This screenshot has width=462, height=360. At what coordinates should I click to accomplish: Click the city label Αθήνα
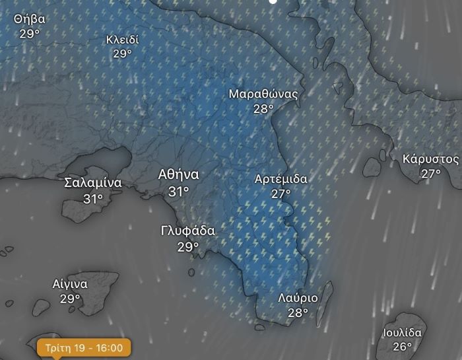point(178,175)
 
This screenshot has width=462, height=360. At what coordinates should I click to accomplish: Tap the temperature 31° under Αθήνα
point(178,192)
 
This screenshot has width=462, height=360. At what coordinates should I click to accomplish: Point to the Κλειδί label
point(123,40)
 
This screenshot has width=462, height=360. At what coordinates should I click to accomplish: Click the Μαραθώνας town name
point(263,94)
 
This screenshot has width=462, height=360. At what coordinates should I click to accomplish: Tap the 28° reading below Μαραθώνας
point(263,109)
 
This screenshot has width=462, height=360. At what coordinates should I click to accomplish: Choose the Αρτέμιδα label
point(281,179)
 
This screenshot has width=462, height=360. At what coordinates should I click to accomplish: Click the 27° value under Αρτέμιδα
point(281,194)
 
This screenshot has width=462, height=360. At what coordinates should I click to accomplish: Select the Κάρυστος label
point(430,159)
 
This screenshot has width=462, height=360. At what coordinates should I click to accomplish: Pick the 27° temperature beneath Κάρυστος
point(430,174)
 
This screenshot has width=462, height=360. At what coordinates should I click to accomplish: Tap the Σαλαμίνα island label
point(93,183)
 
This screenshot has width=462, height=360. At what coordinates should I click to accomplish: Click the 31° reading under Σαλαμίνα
point(93,198)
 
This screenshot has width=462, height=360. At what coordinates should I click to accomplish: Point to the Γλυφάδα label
point(188,231)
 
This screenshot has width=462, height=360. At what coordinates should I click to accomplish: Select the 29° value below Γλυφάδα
point(188,247)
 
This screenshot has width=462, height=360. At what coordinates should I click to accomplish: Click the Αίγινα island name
point(70,284)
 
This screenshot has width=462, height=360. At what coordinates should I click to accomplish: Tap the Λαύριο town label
point(298,298)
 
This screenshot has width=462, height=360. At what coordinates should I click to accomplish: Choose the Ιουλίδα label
point(402,332)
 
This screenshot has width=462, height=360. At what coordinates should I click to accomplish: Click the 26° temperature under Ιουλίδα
point(402,347)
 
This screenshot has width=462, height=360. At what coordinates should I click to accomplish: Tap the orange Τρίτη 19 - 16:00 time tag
point(84,347)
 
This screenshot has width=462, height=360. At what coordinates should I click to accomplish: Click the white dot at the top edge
point(273,2)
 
